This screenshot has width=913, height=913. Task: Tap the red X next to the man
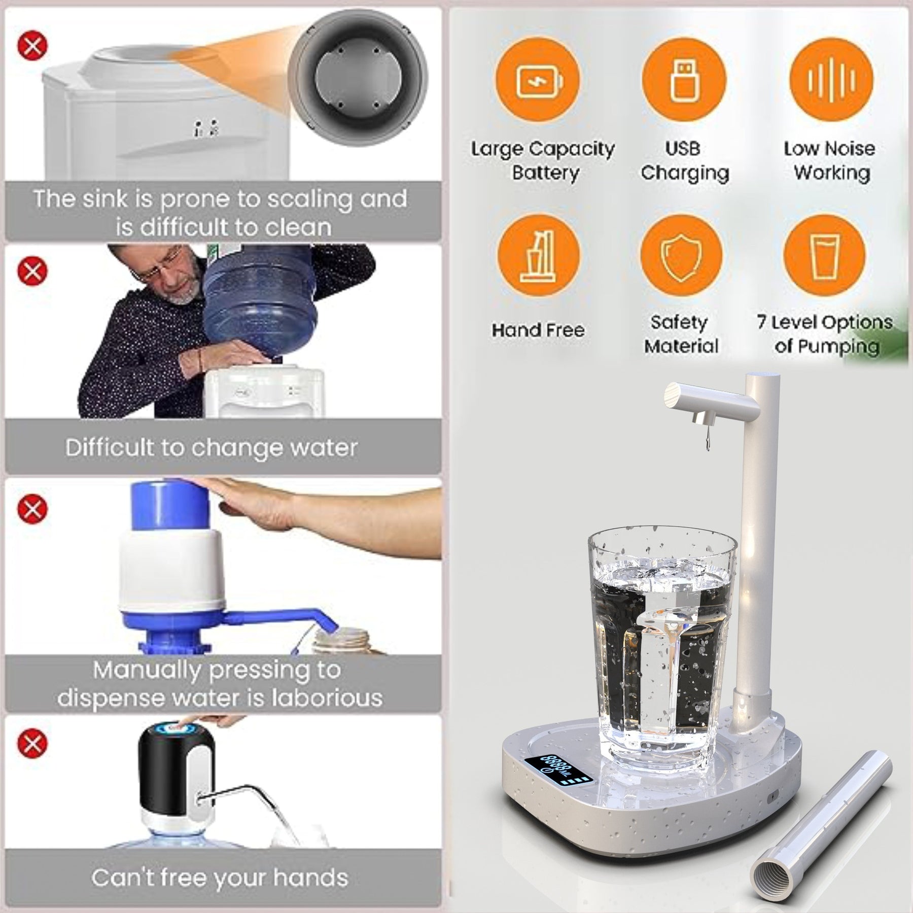coord(32,271)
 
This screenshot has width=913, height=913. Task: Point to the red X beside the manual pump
coord(32,508)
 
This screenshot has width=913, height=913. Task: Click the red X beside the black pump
coord(32,744)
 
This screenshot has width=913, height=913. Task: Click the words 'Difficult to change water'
coord(212,447)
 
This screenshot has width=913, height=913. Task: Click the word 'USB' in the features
coord(683,148)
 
